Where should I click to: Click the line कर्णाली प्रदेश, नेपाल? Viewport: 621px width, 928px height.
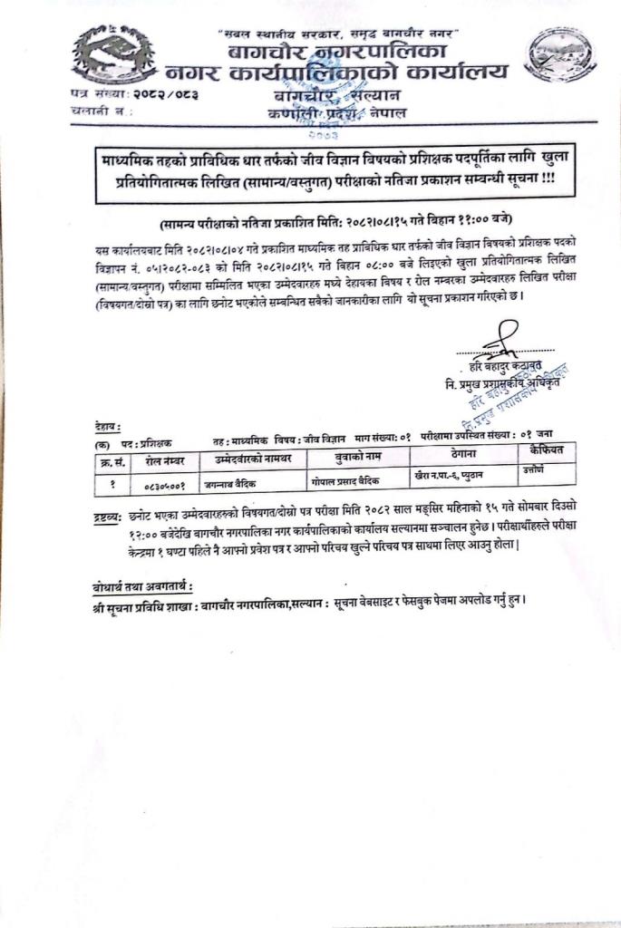click(x=337, y=112)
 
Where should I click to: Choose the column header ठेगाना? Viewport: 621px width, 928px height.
click(x=464, y=453)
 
